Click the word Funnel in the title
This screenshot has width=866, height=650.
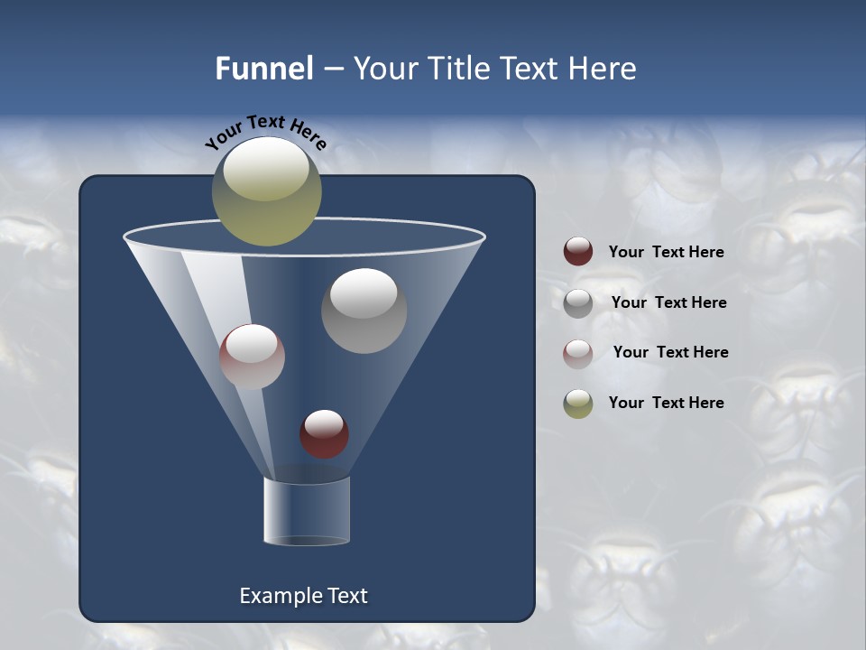[x=263, y=69]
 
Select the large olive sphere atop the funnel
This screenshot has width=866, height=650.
[x=266, y=191]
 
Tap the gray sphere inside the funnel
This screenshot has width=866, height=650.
[x=364, y=311]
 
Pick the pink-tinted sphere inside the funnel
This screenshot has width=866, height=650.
[x=252, y=357]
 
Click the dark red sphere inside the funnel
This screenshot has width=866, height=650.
[x=324, y=433]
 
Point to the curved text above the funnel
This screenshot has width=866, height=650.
[x=266, y=132]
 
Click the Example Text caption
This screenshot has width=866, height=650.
[x=303, y=596]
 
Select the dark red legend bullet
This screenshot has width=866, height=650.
[x=578, y=252]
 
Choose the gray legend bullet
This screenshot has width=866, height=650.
[x=578, y=303]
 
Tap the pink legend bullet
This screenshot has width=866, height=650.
[x=578, y=354]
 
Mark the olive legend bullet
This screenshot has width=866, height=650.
[x=578, y=404]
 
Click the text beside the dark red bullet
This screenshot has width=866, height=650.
[x=666, y=253]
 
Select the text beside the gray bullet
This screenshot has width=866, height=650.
[x=668, y=302]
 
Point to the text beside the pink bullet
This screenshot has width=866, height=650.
[x=670, y=352]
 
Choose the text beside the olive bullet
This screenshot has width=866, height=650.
[x=666, y=403]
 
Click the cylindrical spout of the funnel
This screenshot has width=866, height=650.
[x=306, y=511]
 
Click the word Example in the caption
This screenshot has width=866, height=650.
[x=275, y=596]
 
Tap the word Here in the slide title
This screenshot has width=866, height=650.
[x=603, y=69]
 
